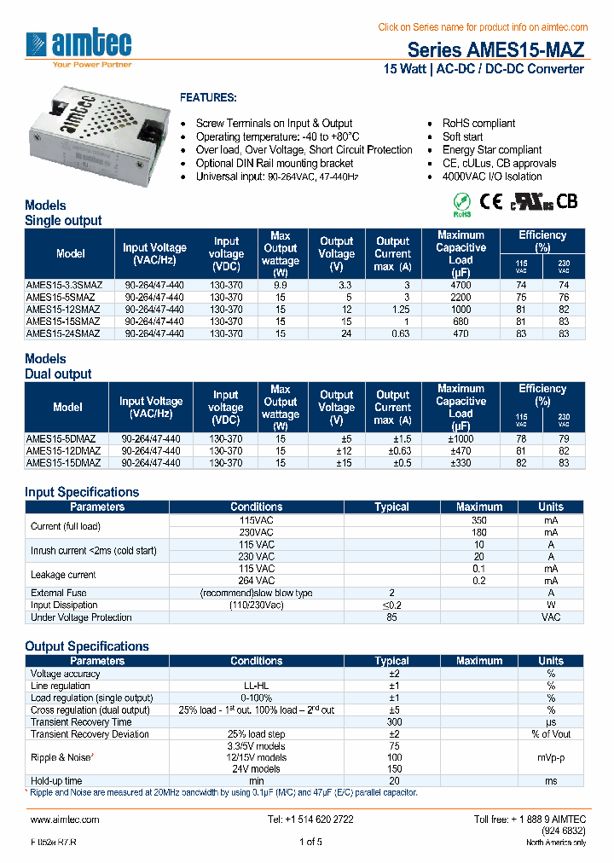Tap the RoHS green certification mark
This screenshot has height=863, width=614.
click(460, 202)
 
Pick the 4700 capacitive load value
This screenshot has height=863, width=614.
click(460, 284)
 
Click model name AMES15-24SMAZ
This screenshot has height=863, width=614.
click(64, 334)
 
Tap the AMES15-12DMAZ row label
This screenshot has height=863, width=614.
click(64, 450)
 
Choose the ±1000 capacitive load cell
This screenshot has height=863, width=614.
click(460, 437)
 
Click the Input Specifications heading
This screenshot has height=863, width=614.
click(82, 492)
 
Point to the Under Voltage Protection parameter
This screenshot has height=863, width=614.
click(81, 617)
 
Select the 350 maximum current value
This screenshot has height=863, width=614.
click(478, 519)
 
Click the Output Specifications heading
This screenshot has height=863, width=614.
click(87, 646)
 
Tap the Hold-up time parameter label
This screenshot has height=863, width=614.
click(56, 781)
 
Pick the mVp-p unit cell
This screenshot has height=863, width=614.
click(551, 757)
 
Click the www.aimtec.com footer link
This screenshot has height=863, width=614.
click(65, 820)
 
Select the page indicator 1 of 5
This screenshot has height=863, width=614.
click(310, 843)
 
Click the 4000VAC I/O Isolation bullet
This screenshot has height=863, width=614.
click(492, 177)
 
